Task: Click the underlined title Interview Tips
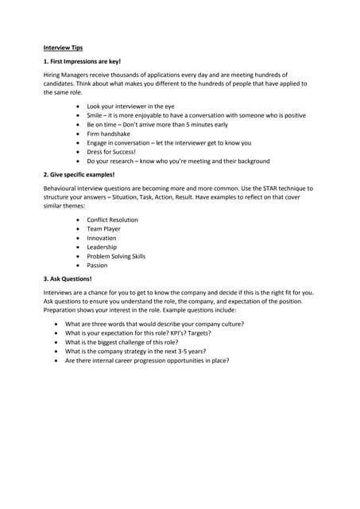[x=63, y=48]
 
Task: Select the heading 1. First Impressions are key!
[x=83, y=61]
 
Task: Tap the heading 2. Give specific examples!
[x=79, y=173]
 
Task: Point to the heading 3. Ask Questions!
[x=68, y=279]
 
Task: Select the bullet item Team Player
[x=104, y=229]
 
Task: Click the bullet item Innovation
[x=102, y=238]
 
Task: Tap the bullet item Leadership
[x=102, y=247]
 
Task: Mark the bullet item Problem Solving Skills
[x=116, y=256]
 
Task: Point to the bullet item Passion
[x=97, y=266]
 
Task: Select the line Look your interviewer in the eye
[x=130, y=106]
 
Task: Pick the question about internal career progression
[x=147, y=360]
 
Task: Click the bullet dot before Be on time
[x=77, y=125]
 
